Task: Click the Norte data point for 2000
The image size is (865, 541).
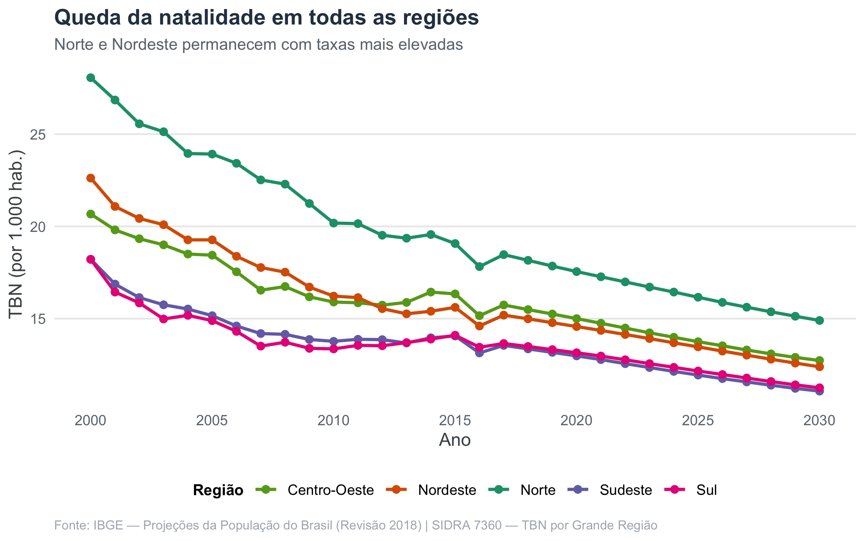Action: (91, 78)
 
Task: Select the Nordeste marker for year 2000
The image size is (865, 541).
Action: (91, 178)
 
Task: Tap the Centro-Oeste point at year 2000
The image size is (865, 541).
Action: (91, 214)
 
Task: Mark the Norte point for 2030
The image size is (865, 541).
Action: (820, 320)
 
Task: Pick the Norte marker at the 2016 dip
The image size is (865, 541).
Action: (479, 267)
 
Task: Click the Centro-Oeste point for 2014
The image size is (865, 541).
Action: (431, 292)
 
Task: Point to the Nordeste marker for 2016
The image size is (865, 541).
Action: (479, 326)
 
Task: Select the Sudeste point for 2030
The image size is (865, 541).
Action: (820, 391)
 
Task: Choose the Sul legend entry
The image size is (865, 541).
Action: (690, 490)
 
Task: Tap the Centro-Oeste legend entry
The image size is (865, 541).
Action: (314, 490)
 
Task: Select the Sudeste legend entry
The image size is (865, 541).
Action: (609, 490)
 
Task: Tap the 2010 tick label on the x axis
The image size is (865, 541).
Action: (333, 421)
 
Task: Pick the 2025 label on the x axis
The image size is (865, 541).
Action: (698, 421)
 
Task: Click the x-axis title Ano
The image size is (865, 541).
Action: (455, 440)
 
